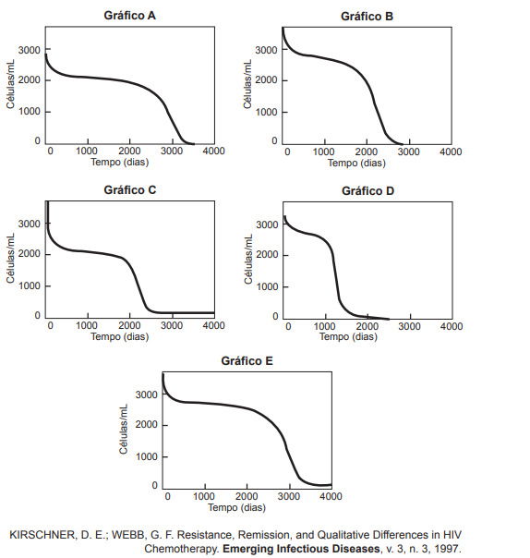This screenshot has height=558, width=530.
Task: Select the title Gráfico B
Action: tap(367, 16)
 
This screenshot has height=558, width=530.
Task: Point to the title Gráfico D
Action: tap(367, 190)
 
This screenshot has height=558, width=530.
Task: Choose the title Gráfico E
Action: tap(247, 361)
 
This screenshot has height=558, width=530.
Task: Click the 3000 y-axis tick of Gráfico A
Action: tap(29, 49)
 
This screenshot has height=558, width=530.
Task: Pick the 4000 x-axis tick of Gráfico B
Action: tap(451, 152)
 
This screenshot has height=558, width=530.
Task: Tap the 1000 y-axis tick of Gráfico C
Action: tap(29, 285)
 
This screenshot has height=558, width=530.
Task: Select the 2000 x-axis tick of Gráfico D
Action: tap(367, 326)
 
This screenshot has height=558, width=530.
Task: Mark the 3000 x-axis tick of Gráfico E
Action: tap(288, 497)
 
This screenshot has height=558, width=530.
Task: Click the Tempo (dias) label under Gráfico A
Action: tap(119, 162)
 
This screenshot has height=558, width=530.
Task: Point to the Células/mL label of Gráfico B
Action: tap(247, 85)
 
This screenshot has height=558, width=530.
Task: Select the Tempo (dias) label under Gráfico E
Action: tap(236, 507)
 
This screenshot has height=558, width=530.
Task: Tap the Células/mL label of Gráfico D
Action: tap(247, 260)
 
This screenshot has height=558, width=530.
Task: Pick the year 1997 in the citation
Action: tap(447, 548)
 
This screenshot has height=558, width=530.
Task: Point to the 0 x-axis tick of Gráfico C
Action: tap(50, 325)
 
